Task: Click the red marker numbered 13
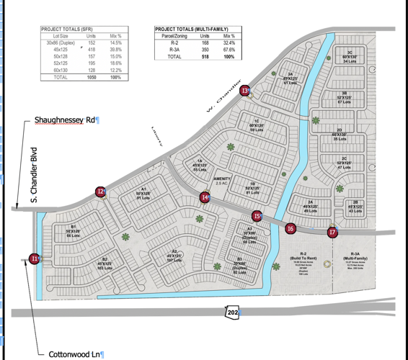[x=246, y=91]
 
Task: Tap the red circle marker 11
[x=35, y=258]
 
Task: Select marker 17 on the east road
[x=332, y=232]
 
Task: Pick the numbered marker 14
[x=205, y=197]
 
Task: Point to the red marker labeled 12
[x=101, y=192]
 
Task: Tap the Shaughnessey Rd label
[x=66, y=120]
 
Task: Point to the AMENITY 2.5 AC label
[x=222, y=180]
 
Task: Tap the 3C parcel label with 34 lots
[x=350, y=57]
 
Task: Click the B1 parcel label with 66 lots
[x=73, y=230]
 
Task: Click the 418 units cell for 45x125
[x=92, y=49]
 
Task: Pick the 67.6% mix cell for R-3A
[x=229, y=49]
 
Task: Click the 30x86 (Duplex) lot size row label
[x=57, y=42]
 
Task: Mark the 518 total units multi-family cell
[x=205, y=55]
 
